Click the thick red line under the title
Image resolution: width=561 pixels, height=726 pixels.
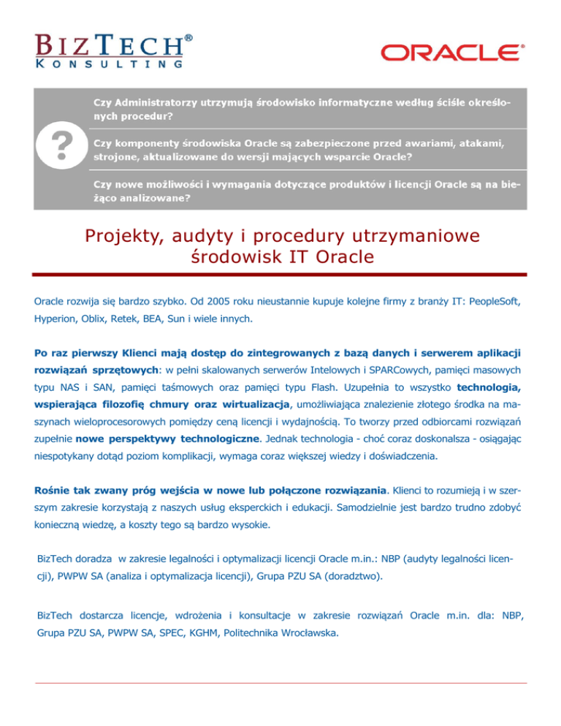tap(280, 275)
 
